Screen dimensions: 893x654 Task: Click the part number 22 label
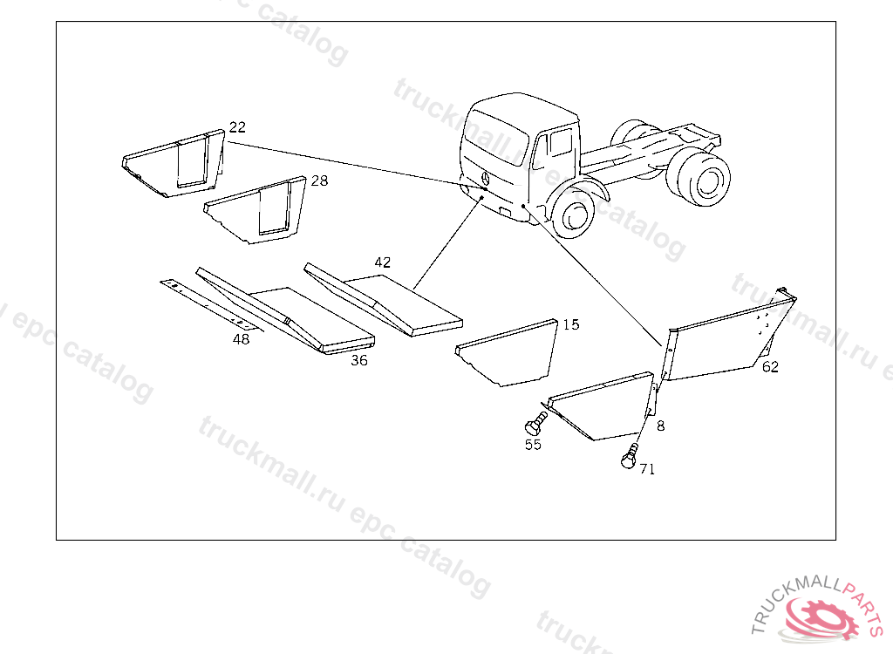pyautogui.click(x=237, y=127)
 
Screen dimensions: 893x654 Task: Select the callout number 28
pyautogui.click(x=319, y=181)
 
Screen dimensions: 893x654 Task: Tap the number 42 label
pyautogui.click(x=382, y=262)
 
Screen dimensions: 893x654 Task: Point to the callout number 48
pyautogui.click(x=241, y=339)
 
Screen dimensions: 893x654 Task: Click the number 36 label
pyautogui.click(x=358, y=360)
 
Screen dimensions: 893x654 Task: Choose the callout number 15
pyautogui.click(x=570, y=324)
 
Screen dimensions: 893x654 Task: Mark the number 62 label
pyautogui.click(x=770, y=367)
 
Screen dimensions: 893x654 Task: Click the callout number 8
pyautogui.click(x=661, y=426)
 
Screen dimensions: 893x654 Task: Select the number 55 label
pyautogui.click(x=533, y=445)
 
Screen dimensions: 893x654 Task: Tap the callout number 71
pyautogui.click(x=647, y=469)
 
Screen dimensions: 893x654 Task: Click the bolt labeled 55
pyautogui.click(x=535, y=425)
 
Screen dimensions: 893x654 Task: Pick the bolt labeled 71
pyautogui.click(x=630, y=456)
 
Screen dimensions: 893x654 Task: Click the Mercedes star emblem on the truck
pyautogui.click(x=486, y=178)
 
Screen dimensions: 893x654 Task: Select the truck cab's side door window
pyautogui.click(x=561, y=142)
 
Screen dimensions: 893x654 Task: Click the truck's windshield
pyautogui.click(x=495, y=135)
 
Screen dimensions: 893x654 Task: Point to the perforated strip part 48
pyautogui.click(x=212, y=306)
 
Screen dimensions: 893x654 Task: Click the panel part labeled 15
pyautogui.click(x=507, y=353)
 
